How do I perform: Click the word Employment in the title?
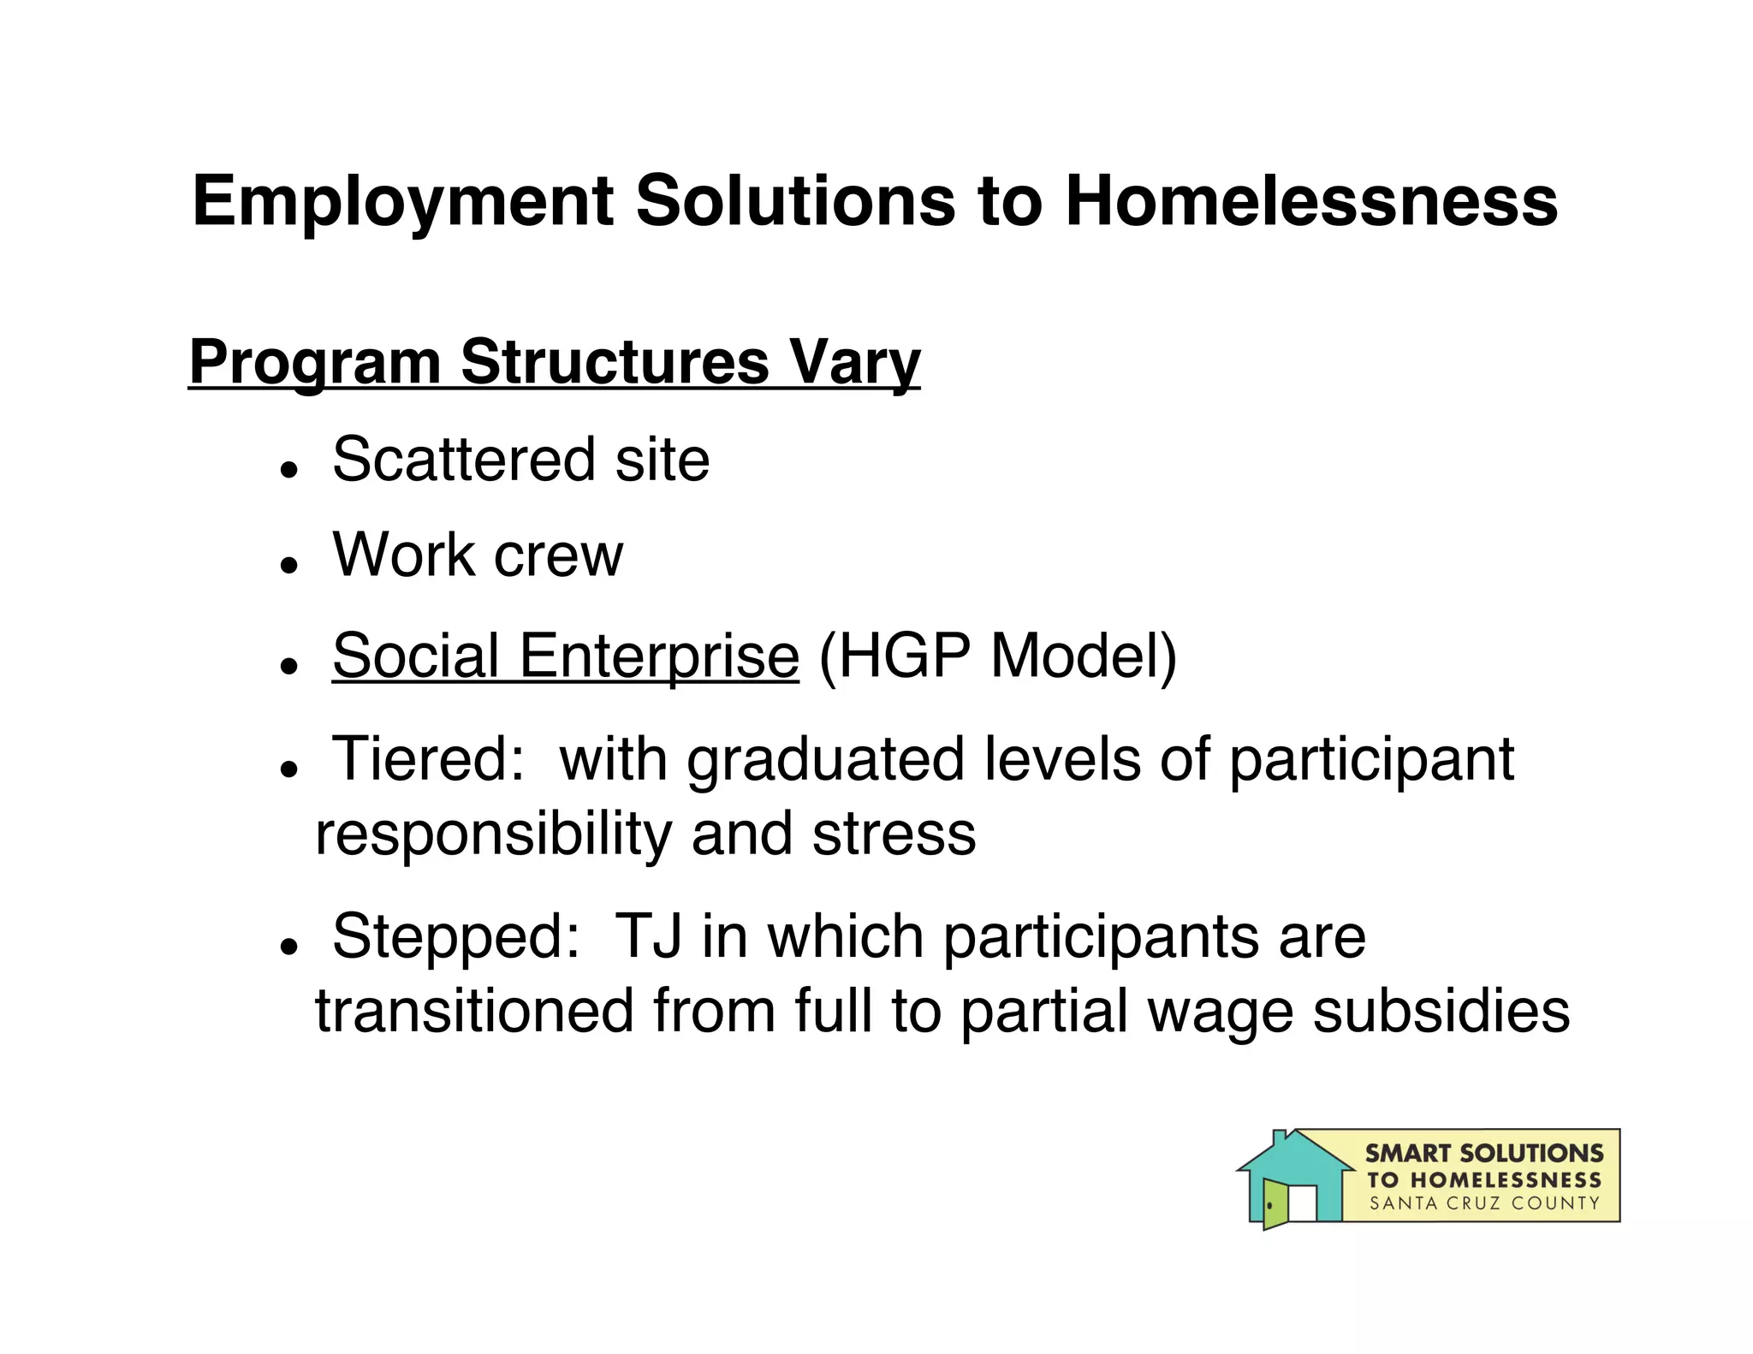pyautogui.click(x=403, y=202)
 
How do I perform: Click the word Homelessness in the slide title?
pyautogui.click(x=1310, y=202)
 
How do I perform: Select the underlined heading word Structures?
pyautogui.click(x=615, y=362)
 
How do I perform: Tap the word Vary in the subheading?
pyautogui.click(x=854, y=362)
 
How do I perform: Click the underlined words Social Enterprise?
pyautogui.click(x=565, y=656)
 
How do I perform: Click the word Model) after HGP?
pyautogui.click(x=1084, y=656)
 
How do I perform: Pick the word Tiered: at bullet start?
pyautogui.click(x=428, y=759)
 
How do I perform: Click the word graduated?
pyautogui.click(x=825, y=759)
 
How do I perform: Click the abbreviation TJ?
pyautogui.click(x=648, y=936)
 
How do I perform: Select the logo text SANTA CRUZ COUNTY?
pyautogui.click(x=1484, y=1203)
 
